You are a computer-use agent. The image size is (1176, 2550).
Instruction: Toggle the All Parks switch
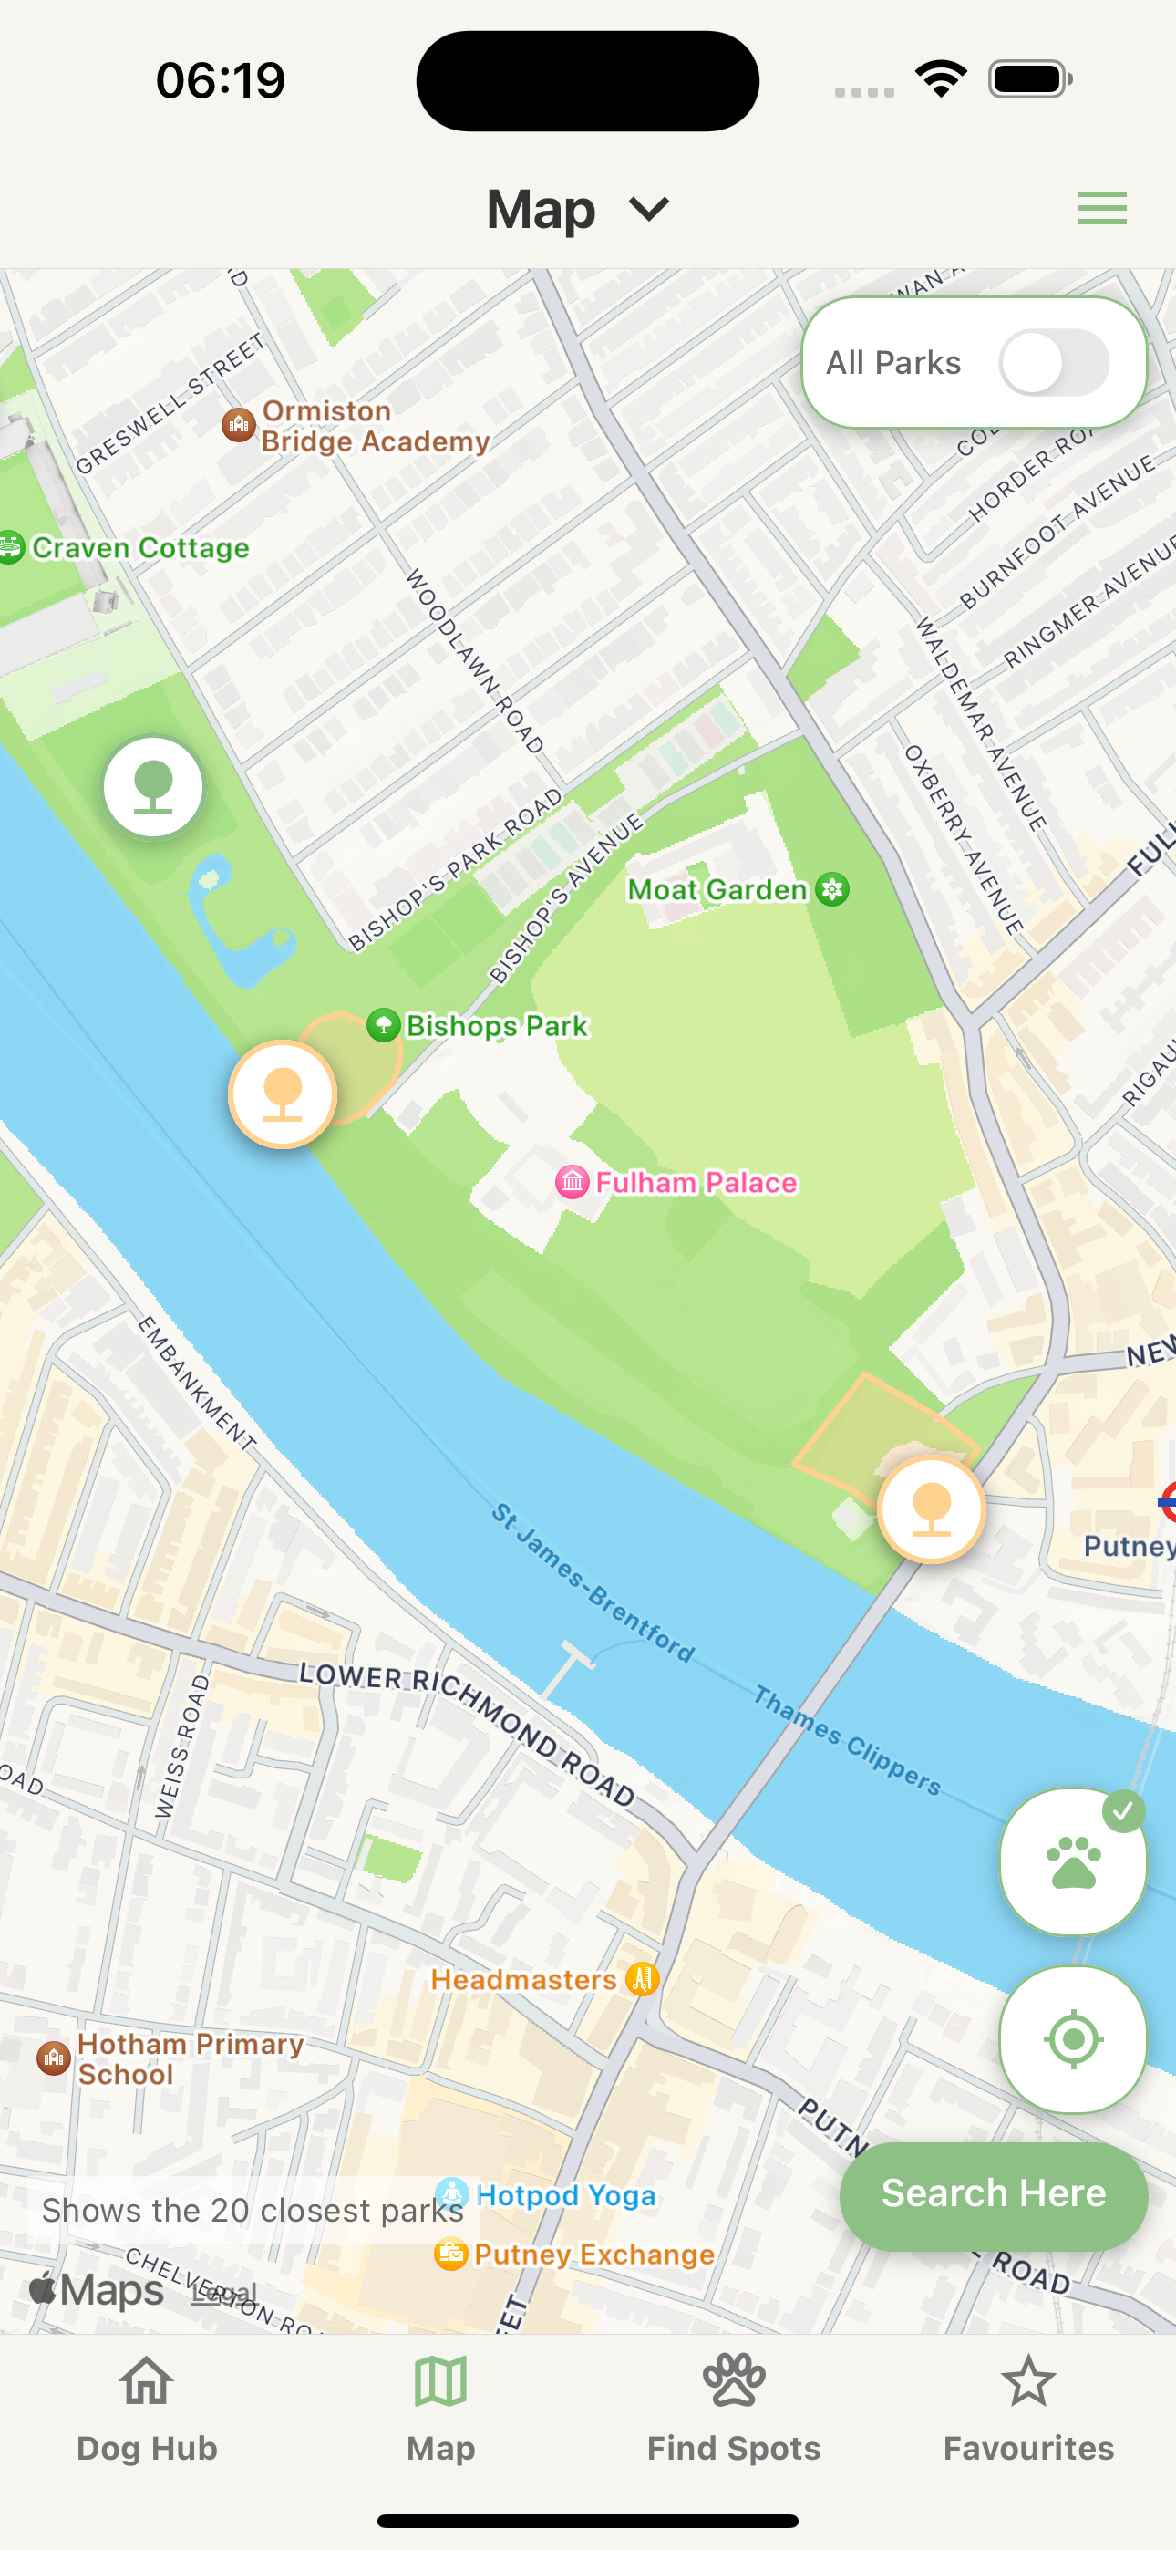point(1053,362)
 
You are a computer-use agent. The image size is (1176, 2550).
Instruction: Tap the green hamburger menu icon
point(1100,208)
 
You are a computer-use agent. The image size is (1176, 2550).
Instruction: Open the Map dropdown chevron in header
point(649,209)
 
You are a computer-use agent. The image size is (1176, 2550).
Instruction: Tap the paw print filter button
point(1072,1861)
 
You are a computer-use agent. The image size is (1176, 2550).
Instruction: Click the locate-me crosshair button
point(1072,2039)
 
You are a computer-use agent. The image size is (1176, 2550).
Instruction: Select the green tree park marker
point(153,787)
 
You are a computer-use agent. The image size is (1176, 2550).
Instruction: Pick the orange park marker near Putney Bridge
point(931,1509)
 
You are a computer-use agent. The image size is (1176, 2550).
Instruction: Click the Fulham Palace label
point(695,1182)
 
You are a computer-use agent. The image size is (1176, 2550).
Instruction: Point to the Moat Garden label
point(718,889)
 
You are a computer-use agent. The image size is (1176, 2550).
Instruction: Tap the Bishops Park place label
point(496,1025)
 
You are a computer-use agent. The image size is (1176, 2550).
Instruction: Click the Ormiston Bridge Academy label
point(374,426)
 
